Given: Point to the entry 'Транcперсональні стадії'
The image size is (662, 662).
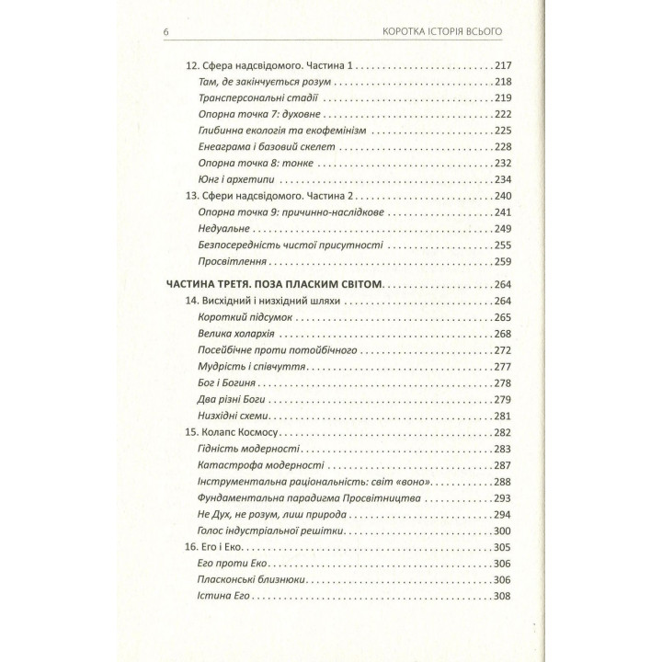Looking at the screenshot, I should coord(254,97).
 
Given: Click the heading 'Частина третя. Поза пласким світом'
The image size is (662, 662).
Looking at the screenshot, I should coord(270,284).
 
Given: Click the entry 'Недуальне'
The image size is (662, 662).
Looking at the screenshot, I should coord(223,228).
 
